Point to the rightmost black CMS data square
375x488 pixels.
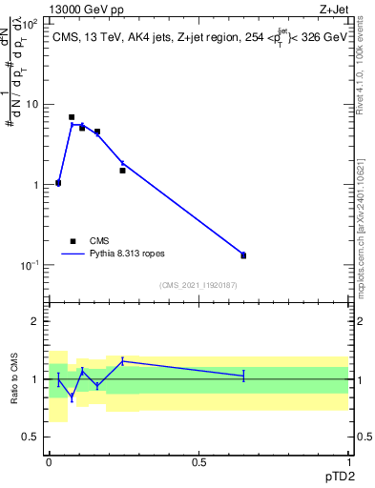[243, 255]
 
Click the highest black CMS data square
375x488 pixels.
[72, 117]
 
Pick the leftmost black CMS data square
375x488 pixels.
[58, 183]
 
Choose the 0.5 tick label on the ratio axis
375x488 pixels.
[31, 437]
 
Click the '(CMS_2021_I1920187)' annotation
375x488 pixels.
[198, 285]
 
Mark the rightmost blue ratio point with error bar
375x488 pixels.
[243, 376]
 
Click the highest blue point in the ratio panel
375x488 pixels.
[122, 360]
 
